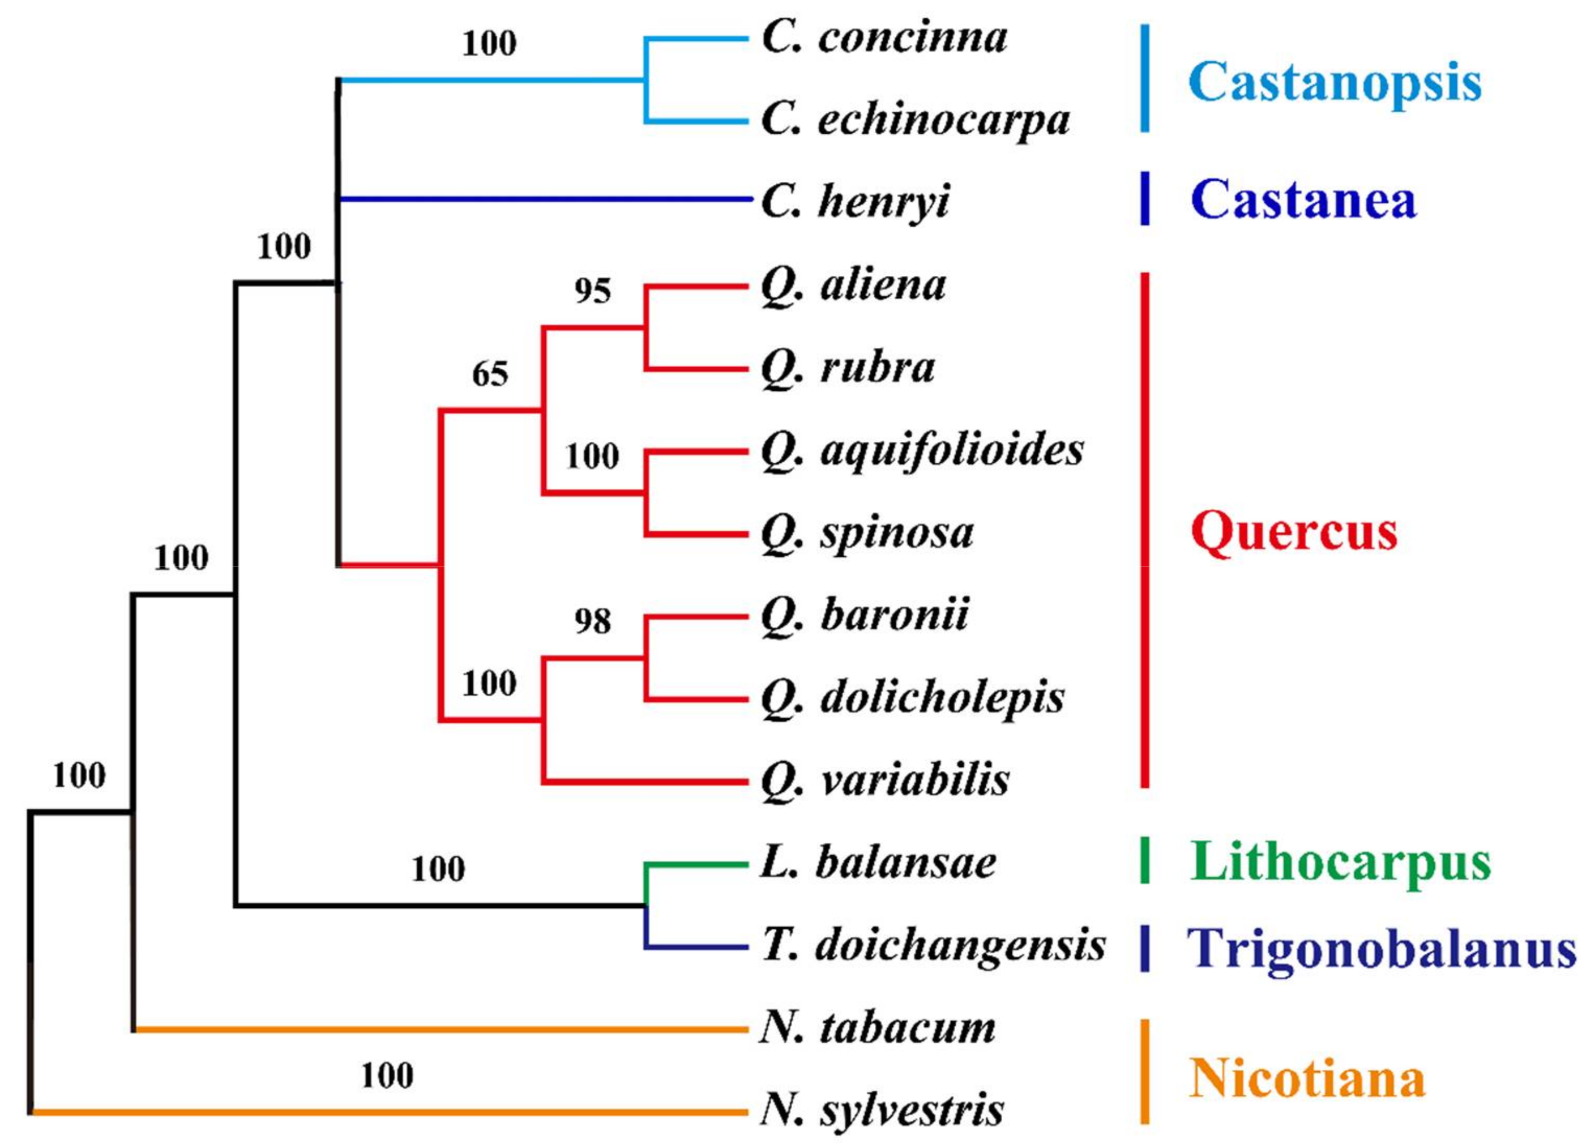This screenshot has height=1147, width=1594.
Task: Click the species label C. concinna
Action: pyautogui.click(x=884, y=38)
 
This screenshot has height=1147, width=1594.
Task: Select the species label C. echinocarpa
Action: pyautogui.click(x=915, y=121)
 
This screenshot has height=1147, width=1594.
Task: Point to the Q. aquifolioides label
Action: pyautogui.click(x=922, y=451)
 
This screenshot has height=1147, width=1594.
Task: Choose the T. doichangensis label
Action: pyautogui.click(x=933, y=945)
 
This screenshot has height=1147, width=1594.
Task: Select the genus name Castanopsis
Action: pyautogui.click(x=1334, y=83)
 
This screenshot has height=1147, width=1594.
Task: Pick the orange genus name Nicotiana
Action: pyautogui.click(x=1307, y=1079)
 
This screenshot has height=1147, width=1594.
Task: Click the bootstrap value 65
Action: pyautogui.click(x=490, y=374)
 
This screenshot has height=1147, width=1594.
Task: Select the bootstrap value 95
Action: pyautogui.click(x=592, y=291)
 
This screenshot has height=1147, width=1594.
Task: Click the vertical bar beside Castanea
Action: pyautogui.click(x=1145, y=199)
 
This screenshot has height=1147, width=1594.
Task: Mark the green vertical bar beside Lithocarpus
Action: pyautogui.click(x=1145, y=860)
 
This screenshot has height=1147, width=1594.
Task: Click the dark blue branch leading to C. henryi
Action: pyautogui.click(x=545, y=200)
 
